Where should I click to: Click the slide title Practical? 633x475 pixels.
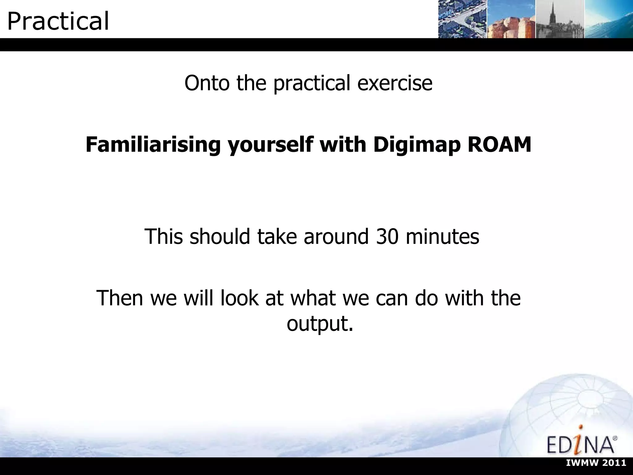coord(58,21)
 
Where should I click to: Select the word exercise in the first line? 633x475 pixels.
coord(395,83)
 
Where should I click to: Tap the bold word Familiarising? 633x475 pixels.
coord(153,144)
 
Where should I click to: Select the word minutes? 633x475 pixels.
coord(442,237)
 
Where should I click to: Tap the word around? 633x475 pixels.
coord(336,237)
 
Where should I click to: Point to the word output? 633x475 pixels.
coord(320,324)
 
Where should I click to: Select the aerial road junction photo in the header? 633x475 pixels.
coord(462,19)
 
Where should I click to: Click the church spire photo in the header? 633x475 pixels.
coord(560,19)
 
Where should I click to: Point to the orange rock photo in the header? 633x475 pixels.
coord(511,19)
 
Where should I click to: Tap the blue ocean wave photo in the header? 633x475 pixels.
coord(608,19)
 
